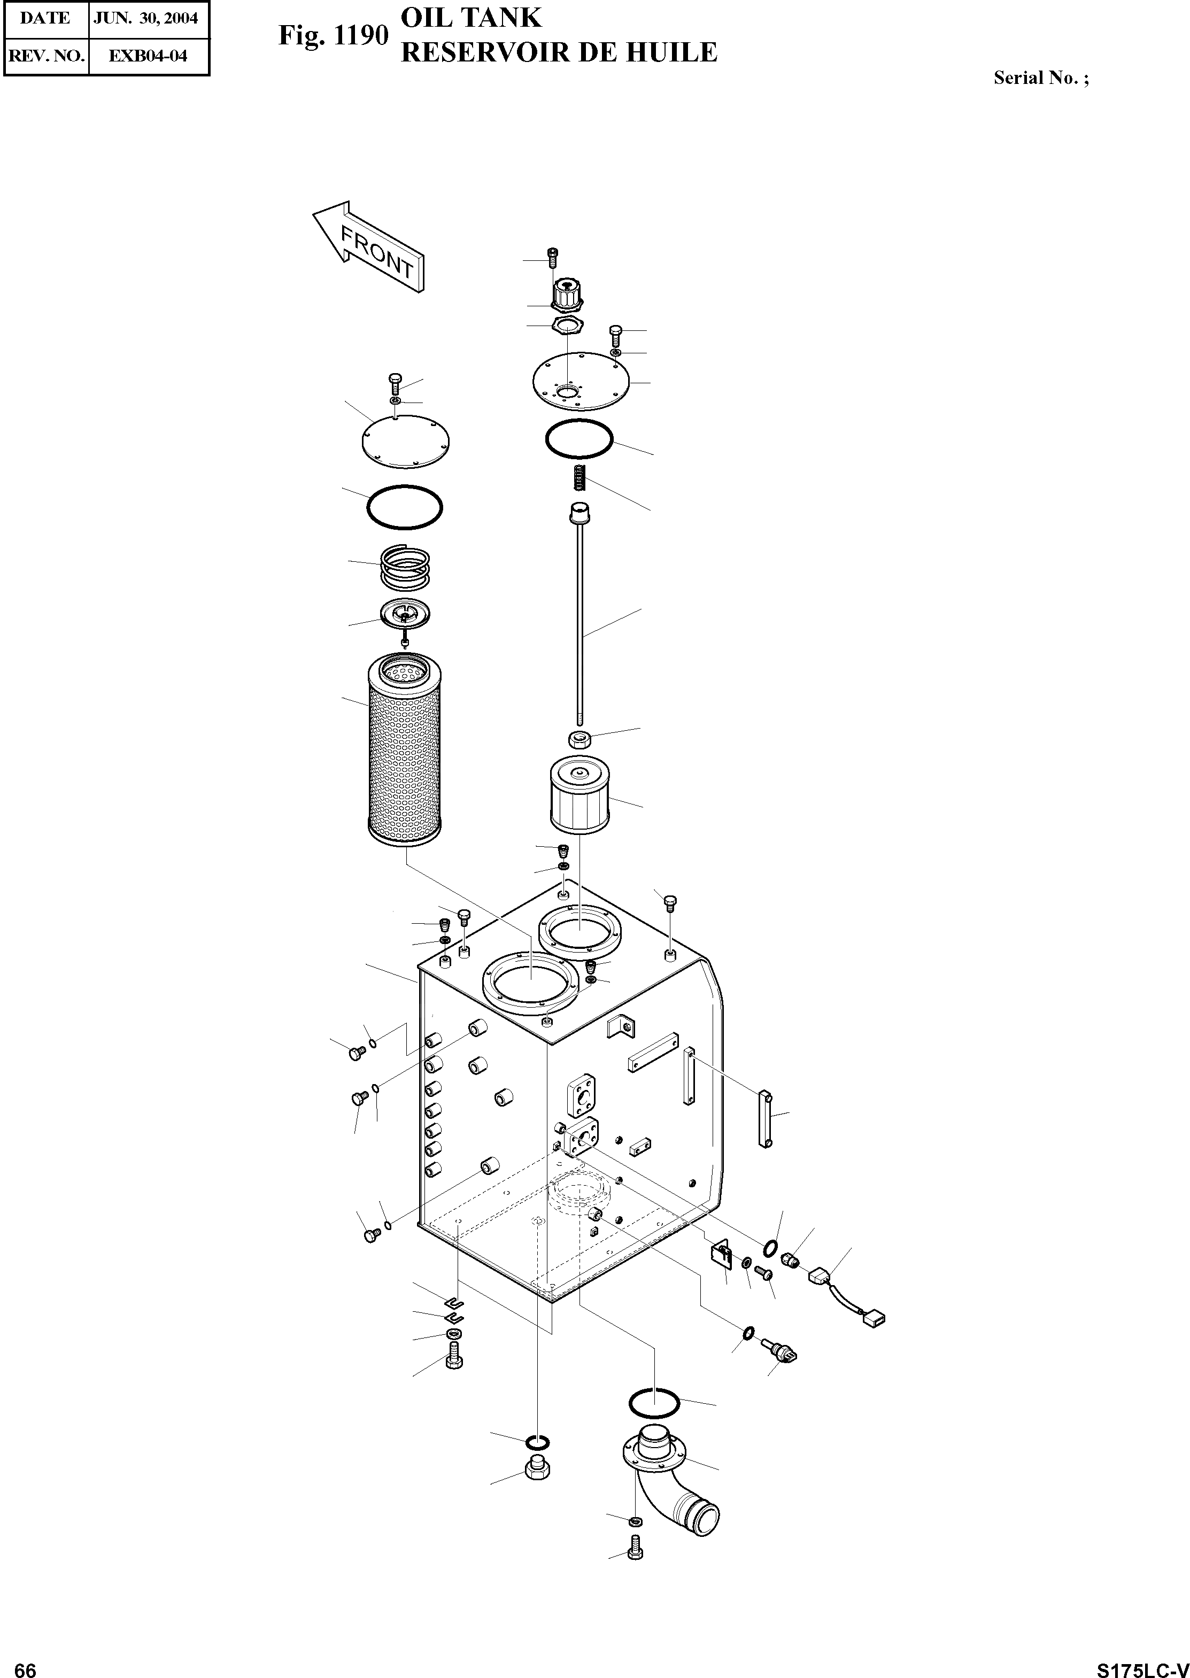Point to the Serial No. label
[x=1040, y=78]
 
